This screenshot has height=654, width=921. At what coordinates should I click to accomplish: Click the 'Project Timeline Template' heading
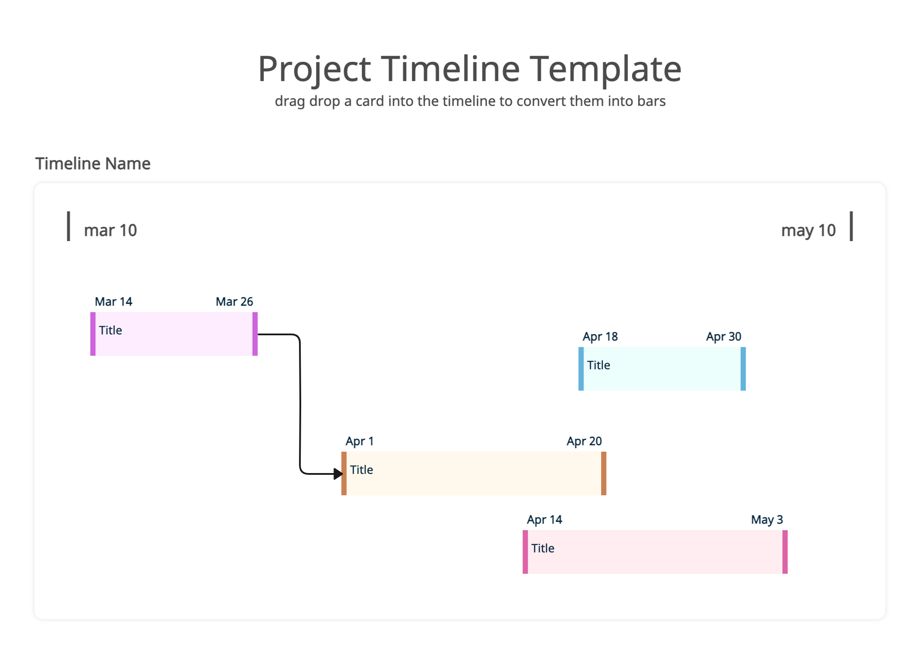[470, 69]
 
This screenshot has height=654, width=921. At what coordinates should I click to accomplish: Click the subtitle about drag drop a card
[470, 101]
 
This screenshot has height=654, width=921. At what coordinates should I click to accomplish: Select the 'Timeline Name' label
[93, 163]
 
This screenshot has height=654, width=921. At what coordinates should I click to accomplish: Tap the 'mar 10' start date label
[110, 230]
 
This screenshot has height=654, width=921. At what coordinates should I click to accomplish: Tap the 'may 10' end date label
[808, 230]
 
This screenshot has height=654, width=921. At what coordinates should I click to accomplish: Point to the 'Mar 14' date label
[113, 302]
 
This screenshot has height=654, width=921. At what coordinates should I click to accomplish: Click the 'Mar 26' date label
[234, 302]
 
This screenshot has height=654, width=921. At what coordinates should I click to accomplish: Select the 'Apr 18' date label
[600, 337]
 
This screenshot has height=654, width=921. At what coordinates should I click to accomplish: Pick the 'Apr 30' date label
[724, 337]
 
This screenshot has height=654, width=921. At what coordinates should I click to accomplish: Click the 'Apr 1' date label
[360, 441]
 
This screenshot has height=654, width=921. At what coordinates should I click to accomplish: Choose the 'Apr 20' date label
[584, 441]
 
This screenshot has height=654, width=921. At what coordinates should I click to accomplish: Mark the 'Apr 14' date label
[544, 520]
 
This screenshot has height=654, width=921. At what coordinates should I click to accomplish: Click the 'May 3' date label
[767, 520]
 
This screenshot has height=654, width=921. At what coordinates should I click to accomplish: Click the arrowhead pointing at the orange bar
[338, 473]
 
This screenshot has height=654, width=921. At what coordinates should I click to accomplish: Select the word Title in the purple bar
[110, 330]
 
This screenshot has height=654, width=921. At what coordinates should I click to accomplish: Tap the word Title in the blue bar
[598, 365]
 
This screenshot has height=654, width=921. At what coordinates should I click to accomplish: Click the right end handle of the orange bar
[604, 473]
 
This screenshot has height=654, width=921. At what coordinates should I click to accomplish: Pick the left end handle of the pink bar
[525, 552]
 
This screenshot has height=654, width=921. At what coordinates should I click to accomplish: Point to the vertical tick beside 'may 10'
[851, 226]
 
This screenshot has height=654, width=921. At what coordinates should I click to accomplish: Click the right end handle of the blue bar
[743, 369]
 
